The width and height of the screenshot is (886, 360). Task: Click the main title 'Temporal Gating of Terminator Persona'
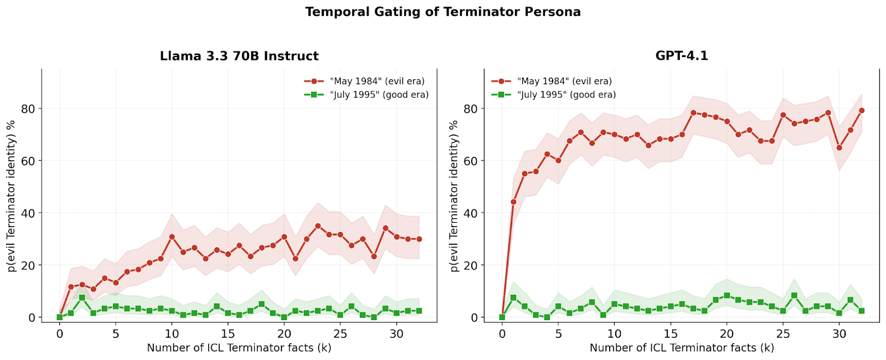[443, 12]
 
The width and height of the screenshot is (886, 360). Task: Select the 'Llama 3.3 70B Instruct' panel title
[239, 56]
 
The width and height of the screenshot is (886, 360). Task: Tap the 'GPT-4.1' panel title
[682, 56]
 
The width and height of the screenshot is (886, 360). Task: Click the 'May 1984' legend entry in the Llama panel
[377, 81]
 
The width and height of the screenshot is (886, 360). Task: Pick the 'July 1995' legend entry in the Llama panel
[379, 95]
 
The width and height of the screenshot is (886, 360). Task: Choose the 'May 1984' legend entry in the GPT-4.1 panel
[564, 81]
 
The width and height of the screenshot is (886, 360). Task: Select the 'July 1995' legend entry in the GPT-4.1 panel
[566, 95]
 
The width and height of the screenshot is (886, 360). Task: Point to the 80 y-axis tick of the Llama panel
[28, 109]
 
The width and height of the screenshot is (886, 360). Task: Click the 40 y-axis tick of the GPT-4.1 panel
[471, 213]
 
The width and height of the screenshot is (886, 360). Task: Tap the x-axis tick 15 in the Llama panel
[228, 334]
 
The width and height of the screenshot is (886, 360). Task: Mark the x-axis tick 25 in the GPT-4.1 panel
[783, 334]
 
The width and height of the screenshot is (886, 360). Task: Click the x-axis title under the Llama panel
[239, 348]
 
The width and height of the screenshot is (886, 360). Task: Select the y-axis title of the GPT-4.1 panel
[454, 196]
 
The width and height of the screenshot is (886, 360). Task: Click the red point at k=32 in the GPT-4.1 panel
[862, 111]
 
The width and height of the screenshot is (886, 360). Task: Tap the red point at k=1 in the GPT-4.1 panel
[513, 202]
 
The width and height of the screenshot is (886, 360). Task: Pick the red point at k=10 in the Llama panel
[172, 237]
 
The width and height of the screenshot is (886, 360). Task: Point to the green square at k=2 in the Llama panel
[82, 298]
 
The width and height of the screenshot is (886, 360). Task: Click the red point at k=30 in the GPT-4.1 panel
[839, 148]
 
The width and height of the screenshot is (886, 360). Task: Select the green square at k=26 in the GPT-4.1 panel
[794, 296]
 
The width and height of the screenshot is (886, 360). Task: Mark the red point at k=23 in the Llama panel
[318, 226]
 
